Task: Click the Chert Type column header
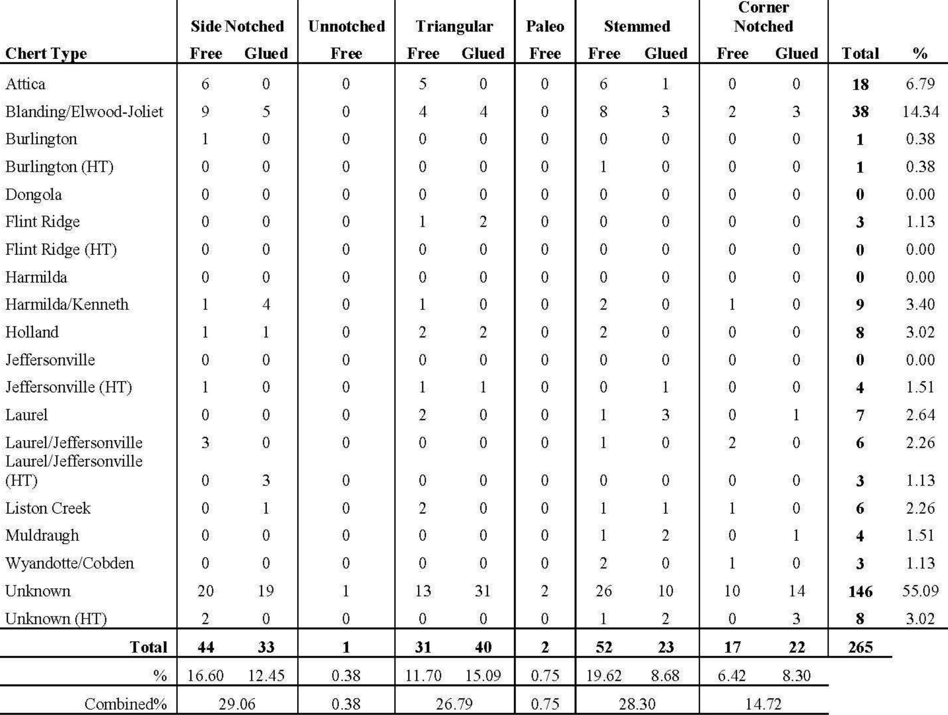pyautogui.click(x=46, y=54)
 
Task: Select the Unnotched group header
pyautogui.click(x=346, y=26)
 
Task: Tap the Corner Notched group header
pyautogui.click(x=763, y=17)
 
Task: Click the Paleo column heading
pyautogui.click(x=545, y=26)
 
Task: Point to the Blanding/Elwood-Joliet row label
pyautogui.click(x=84, y=111)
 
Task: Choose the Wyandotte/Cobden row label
pyautogui.click(x=69, y=563)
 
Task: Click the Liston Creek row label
pyautogui.click(x=48, y=508)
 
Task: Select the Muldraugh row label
pyautogui.click(x=42, y=535)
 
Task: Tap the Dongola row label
pyautogui.click(x=33, y=194)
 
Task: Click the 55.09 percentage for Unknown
pyautogui.click(x=920, y=591)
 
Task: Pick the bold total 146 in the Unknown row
pyautogui.click(x=860, y=591)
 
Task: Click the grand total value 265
pyautogui.click(x=860, y=647)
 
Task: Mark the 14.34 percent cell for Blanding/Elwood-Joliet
pyautogui.click(x=920, y=111)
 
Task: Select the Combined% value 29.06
pyautogui.click(x=237, y=704)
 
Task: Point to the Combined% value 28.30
pyautogui.click(x=637, y=704)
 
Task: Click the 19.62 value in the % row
pyautogui.click(x=604, y=676)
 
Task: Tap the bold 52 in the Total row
pyautogui.click(x=604, y=647)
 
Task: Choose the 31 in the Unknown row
pyautogui.click(x=483, y=591)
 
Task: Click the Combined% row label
pyautogui.click(x=125, y=704)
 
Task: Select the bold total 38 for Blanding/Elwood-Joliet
pyautogui.click(x=860, y=111)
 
